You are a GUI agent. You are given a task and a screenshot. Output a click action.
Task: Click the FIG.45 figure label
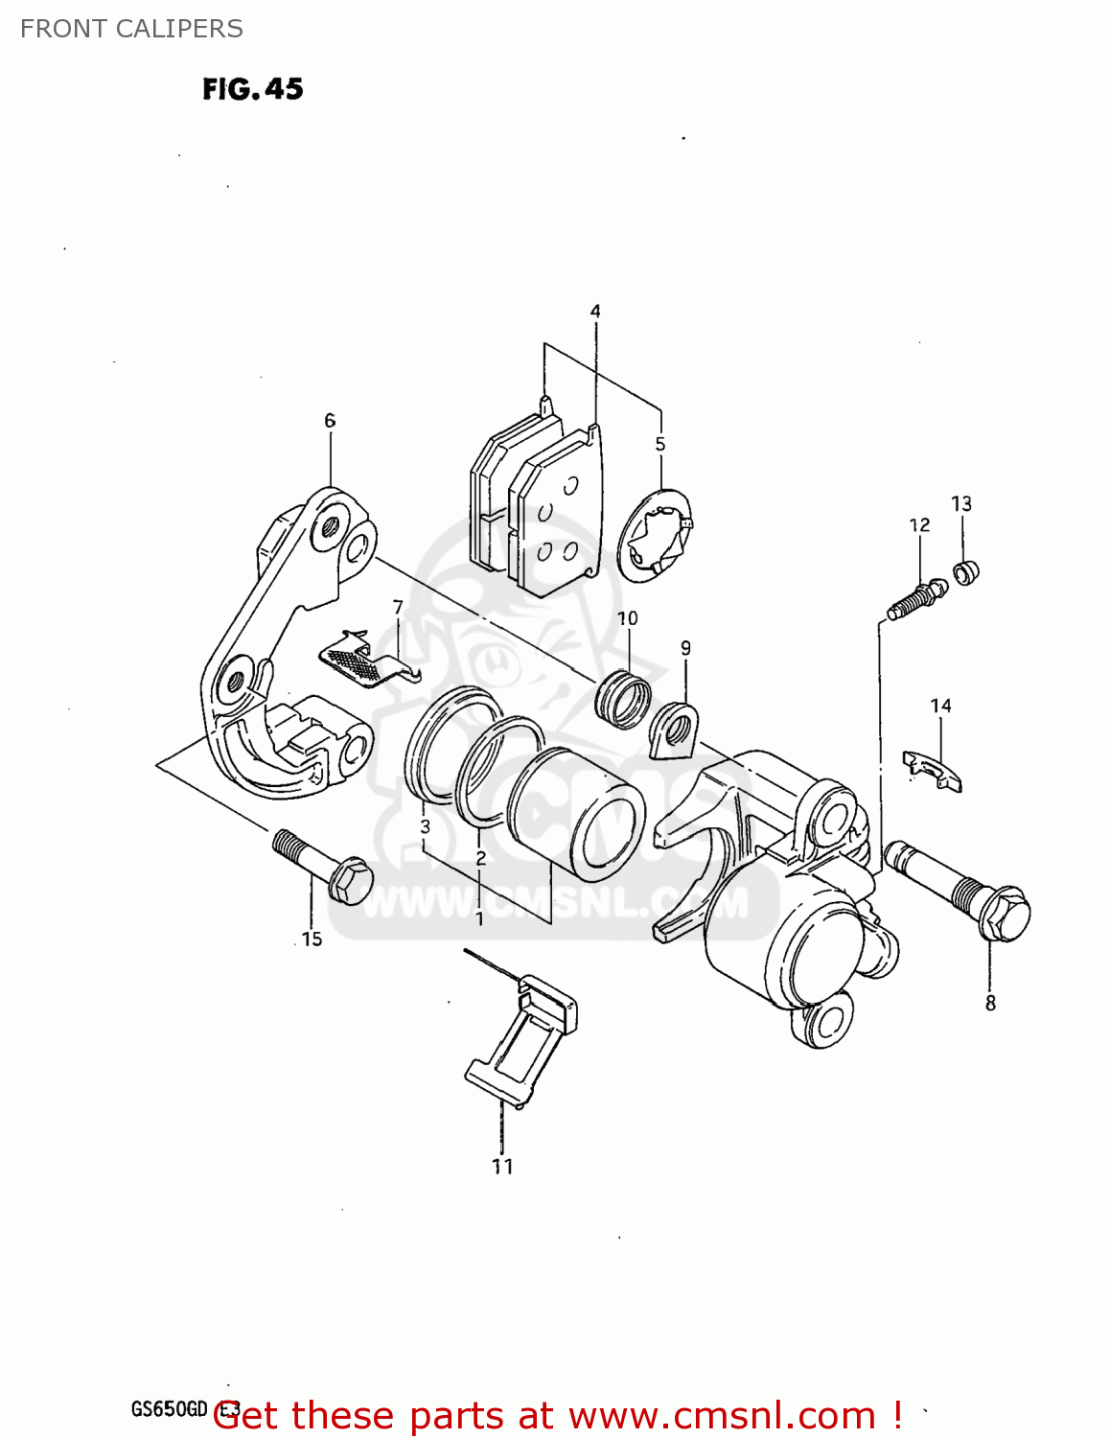pos(252,89)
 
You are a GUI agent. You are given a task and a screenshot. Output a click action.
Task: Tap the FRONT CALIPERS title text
pos(131,29)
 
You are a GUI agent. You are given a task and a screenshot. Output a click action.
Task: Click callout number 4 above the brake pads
pos(595,312)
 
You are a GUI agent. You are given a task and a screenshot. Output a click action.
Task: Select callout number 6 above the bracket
pos(330,421)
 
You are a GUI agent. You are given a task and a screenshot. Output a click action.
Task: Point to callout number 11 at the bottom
pos(502,1167)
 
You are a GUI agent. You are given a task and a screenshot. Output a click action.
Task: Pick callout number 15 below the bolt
pos(312,939)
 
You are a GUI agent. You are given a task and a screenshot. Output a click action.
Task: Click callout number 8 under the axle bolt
pos(990,1004)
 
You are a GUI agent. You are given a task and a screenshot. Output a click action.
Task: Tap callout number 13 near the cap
pos(961,504)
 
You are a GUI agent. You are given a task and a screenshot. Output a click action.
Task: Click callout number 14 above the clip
pos(940,707)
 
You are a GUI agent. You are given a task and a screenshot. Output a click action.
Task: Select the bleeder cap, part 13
pos(965,573)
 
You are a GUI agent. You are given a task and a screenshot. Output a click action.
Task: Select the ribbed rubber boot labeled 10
pos(624,699)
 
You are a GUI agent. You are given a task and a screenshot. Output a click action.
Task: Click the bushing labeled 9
pos(674,729)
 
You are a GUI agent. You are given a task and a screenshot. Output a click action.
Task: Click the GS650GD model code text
pos(170,1408)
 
